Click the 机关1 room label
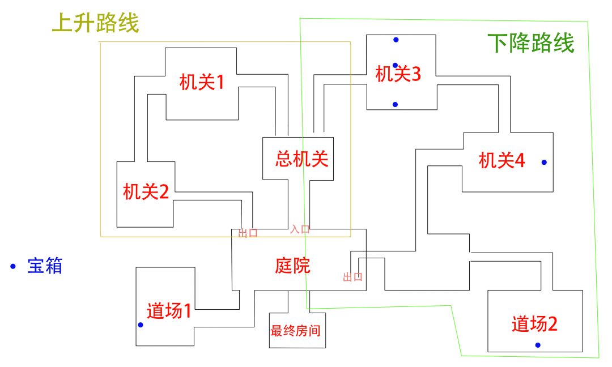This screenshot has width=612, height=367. tap(202, 82)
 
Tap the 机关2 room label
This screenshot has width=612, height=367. tap(146, 192)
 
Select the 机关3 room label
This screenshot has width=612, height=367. tap(398, 74)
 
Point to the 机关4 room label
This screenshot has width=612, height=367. tap(501, 160)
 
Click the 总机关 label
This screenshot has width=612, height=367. tap(301, 159)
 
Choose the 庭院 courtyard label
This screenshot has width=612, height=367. tap(293, 266)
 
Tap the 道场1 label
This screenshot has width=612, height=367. tap(169, 311)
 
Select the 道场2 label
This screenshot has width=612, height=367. tap(534, 324)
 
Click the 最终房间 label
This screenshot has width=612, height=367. tap(295, 331)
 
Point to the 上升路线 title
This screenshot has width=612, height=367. tap(96, 23)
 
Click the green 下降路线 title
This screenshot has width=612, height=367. tap(531, 43)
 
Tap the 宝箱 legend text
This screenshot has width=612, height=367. tap(45, 266)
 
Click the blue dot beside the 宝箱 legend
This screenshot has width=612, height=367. tap(13, 266)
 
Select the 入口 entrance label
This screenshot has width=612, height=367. tap(300, 229)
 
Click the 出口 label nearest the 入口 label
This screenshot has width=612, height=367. tap(248, 233)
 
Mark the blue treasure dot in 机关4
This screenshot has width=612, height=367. tap(544, 162)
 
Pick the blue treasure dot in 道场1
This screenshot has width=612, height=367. tap(141, 325)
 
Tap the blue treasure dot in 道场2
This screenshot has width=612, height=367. tap(538, 345)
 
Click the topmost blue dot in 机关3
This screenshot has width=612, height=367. tap(396, 40)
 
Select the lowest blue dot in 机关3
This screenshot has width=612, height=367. tap(395, 105)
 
